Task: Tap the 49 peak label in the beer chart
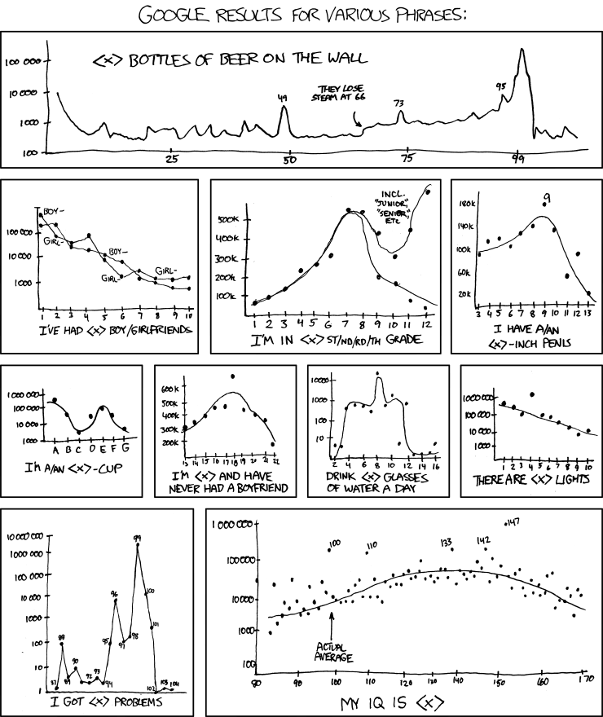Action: pyautogui.click(x=283, y=99)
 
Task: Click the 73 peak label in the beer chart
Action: pyautogui.click(x=398, y=103)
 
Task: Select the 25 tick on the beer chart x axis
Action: pyautogui.click(x=171, y=160)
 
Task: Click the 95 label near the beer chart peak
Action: pyautogui.click(x=500, y=86)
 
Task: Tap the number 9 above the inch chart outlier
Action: pyautogui.click(x=548, y=197)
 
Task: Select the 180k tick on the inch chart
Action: pyautogui.click(x=468, y=202)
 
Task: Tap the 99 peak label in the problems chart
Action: pyautogui.click(x=138, y=538)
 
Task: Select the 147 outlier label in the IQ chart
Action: pyautogui.click(x=513, y=522)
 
